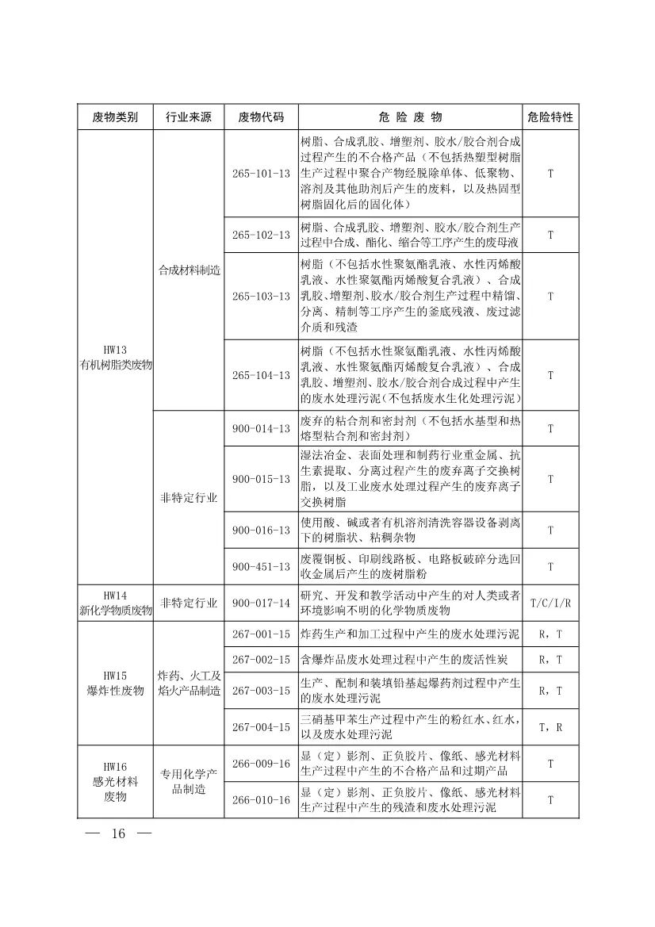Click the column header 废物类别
pos(115,117)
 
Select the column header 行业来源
pos(188,117)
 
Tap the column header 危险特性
pos(550,117)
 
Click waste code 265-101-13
pos(261,173)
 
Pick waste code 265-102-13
pos(261,235)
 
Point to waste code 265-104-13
pos(261,375)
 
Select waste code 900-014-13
pos(261,428)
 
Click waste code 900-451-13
pos(261,566)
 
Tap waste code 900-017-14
pos(261,603)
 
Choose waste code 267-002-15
pos(261,659)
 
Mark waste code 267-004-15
pos(261,726)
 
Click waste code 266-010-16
pos(261,799)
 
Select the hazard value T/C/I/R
pos(550,603)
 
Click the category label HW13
pos(115,350)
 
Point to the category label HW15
pos(115,676)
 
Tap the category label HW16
pos(115,767)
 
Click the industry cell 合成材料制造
pos(188,270)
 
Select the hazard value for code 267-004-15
pos(550,726)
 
